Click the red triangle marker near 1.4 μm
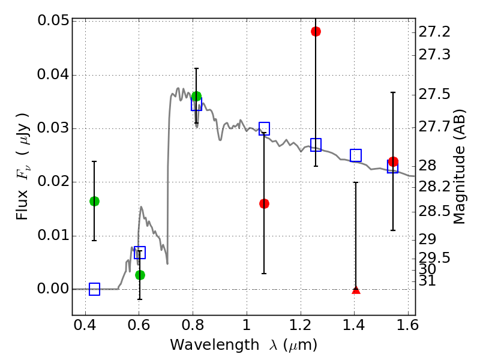click(x=356, y=290)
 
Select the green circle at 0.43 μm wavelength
click(x=94, y=201)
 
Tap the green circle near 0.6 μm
click(x=140, y=275)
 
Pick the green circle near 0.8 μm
click(x=197, y=97)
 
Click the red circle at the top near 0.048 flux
click(x=316, y=31)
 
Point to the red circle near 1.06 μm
click(x=264, y=203)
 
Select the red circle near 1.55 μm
click(x=393, y=161)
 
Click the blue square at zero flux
click(x=94, y=289)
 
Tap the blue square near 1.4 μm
click(x=356, y=155)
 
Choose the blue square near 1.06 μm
click(x=264, y=128)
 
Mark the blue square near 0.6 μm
click(x=140, y=253)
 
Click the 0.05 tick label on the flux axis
click(x=53, y=20)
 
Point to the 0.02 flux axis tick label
click(x=53, y=181)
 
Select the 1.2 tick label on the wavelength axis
click(x=301, y=325)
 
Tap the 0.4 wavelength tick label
click(x=85, y=325)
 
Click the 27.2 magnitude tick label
click(x=434, y=32)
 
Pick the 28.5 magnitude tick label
click(x=434, y=211)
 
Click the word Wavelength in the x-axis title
click(x=215, y=344)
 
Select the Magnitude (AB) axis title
click(x=458, y=167)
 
